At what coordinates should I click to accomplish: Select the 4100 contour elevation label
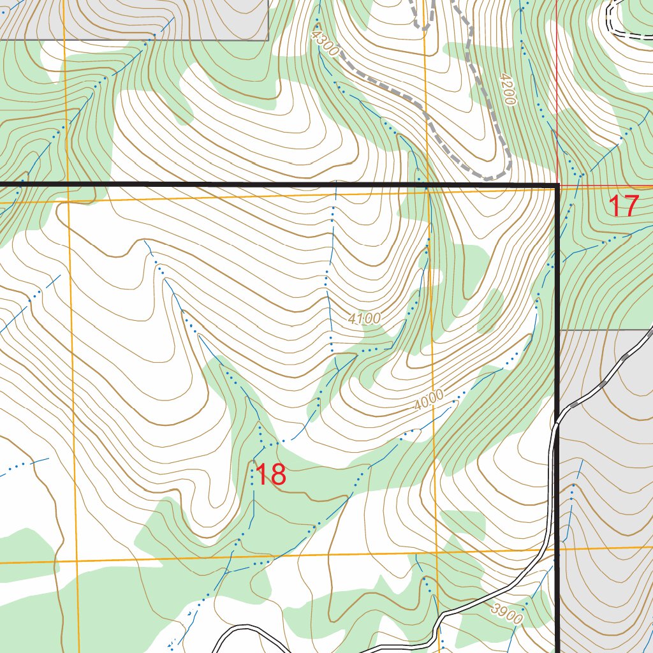[364, 318]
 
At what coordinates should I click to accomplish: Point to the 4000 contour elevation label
[428, 400]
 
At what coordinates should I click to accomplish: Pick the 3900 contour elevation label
[508, 614]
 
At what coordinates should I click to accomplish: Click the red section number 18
[270, 475]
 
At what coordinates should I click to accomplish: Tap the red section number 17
[623, 206]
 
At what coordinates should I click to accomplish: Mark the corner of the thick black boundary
[558, 186]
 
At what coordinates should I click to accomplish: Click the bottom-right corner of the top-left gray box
[268, 40]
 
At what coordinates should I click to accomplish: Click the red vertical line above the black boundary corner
[557, 96]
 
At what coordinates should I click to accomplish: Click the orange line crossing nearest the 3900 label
[437, 552]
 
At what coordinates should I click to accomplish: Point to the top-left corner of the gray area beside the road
[560, 330]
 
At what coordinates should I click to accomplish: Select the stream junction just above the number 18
[261, 444]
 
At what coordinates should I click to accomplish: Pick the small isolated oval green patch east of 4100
[490, 311]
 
